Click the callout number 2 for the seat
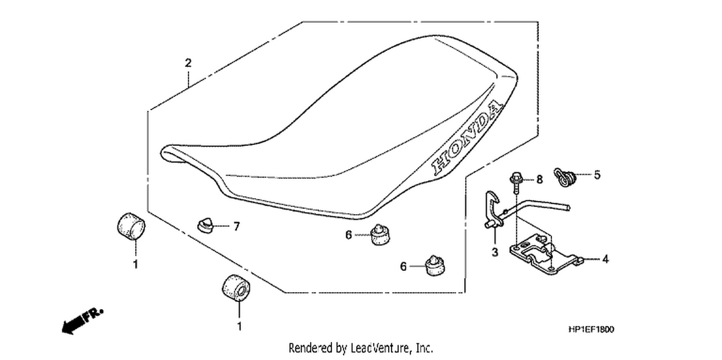tap(188, 63)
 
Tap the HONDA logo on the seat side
tap(467, 138)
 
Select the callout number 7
tap(237, 227)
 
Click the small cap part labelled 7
tap(206, 225)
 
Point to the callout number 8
tap(540, 180)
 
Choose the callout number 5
tap(597, 175)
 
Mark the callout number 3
tap(495, 252)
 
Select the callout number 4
tap(606, 259)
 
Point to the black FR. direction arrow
tap(82, 321)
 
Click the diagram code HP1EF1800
tap(592, 329)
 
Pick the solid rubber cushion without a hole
tap(131, 226)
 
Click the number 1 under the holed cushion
tap(240, 326)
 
